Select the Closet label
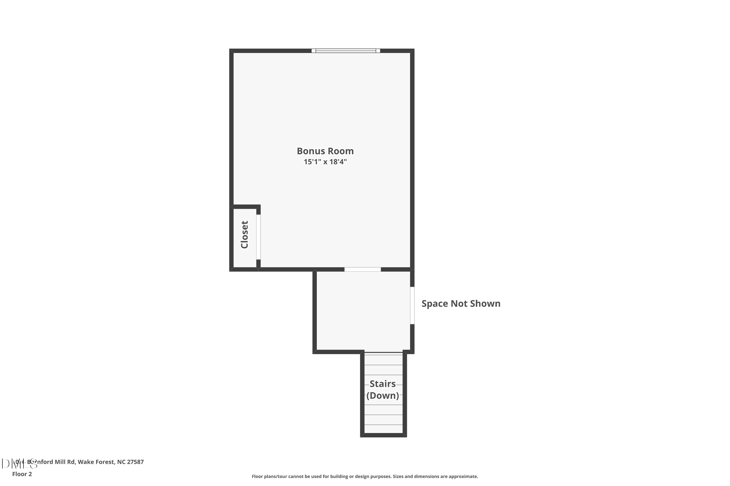(x=245, y=235)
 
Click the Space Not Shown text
(x=461, y=304)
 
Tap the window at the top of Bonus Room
(x=346, y=51)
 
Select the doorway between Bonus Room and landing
(x=363, y=269)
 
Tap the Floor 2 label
(x=22, y=474)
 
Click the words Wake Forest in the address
(x=96, y=462)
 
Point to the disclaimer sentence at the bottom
(x=365, y=476)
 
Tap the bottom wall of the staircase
(x=383, y=435)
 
